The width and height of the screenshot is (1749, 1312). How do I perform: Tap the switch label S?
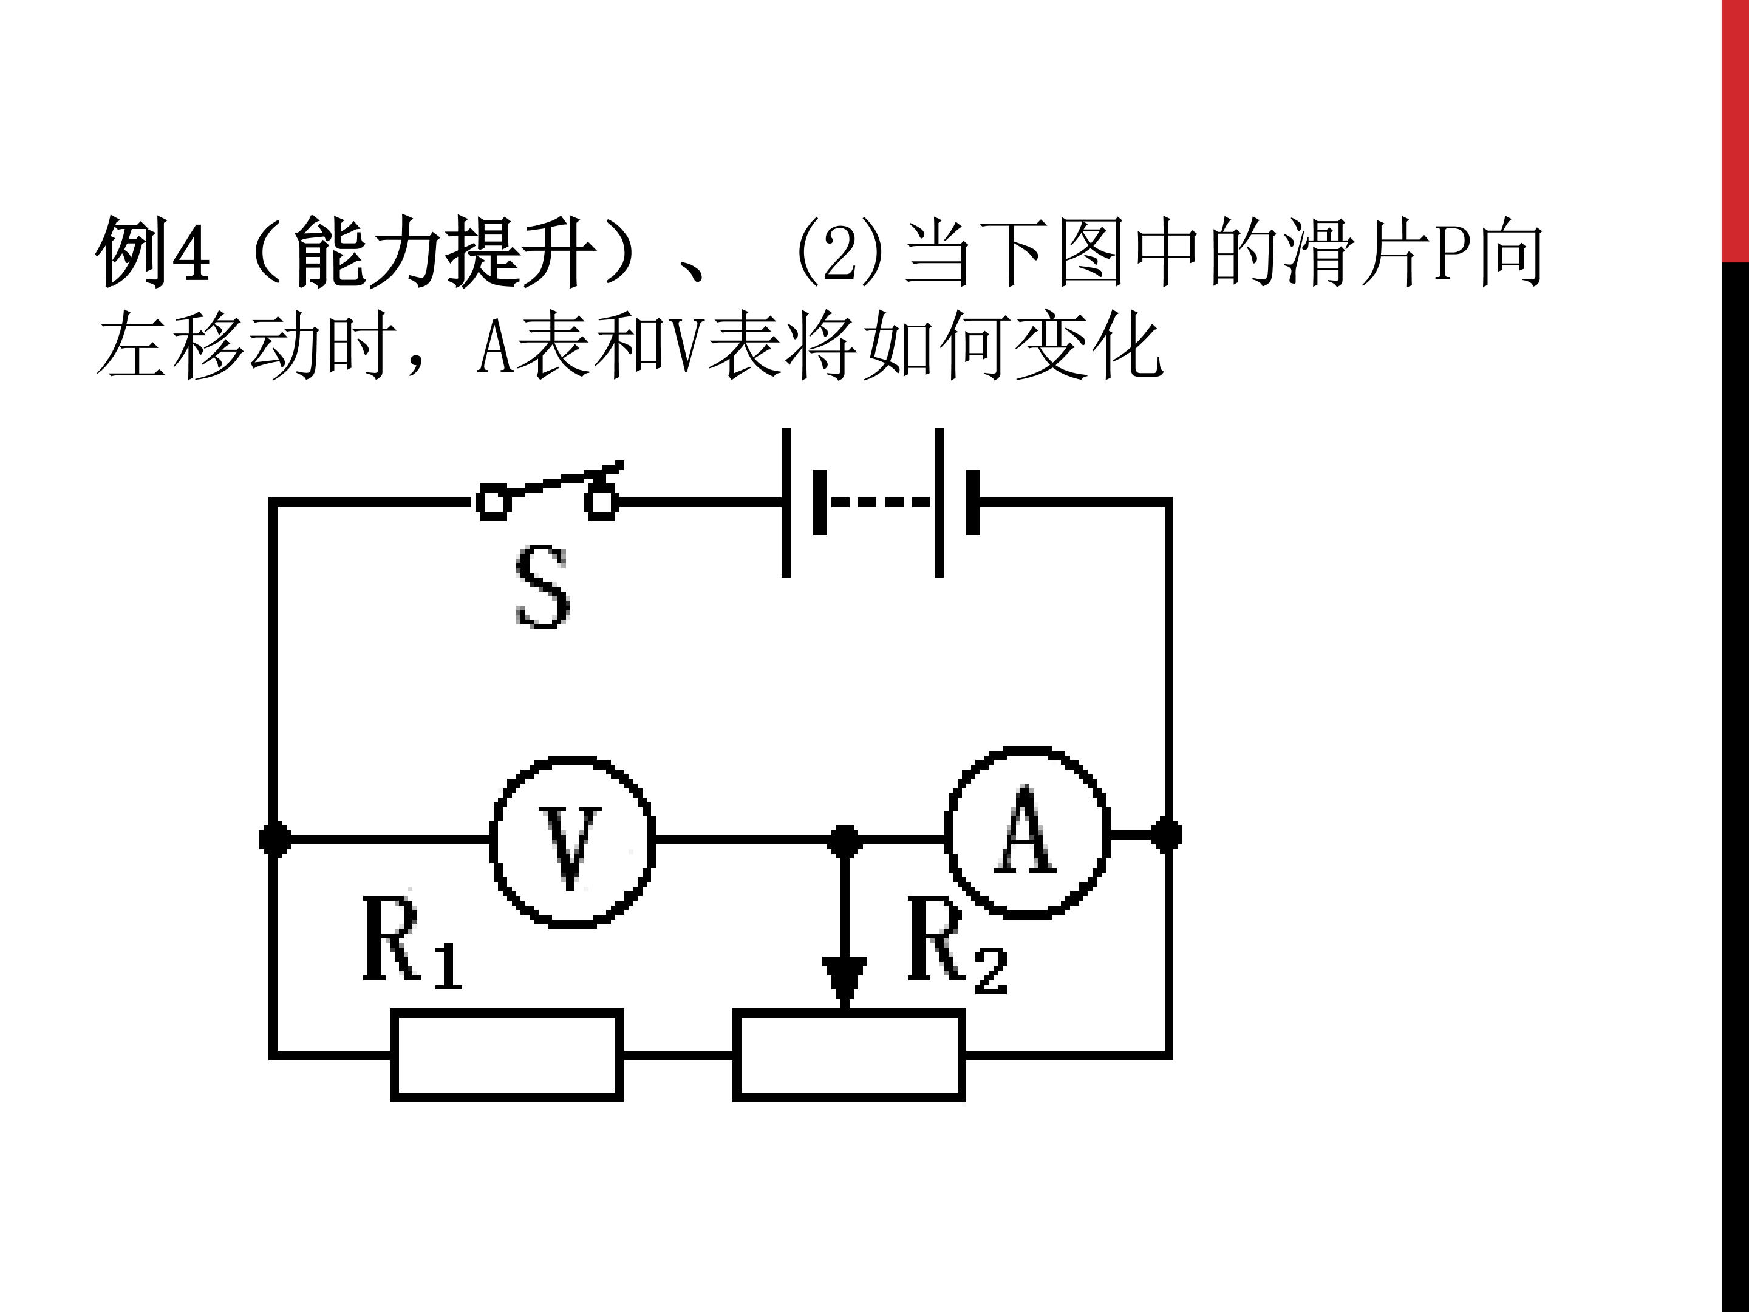click(542, 587)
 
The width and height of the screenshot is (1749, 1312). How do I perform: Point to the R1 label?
click(411, 942)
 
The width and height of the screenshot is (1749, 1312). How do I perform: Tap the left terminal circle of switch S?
click(493, 503)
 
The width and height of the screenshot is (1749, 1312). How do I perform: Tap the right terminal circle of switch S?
click(602, 503)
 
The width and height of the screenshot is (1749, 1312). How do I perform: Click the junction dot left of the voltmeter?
click(274, 838)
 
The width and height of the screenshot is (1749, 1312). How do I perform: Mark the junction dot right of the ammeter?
click(1166, 835)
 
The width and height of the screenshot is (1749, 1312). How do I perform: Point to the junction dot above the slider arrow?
click(845, 841)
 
